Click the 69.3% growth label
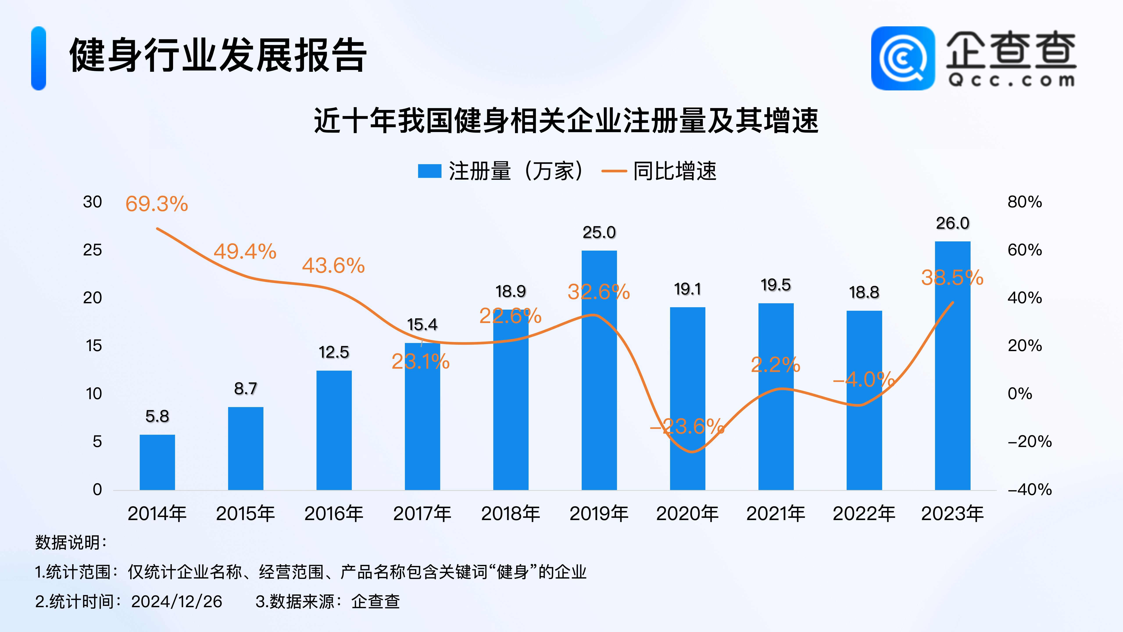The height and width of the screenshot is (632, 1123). (157, 204)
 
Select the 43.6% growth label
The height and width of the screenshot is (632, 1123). (333, 266)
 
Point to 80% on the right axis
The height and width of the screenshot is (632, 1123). (1025, 202)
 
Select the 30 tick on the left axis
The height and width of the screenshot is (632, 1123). (92, 202)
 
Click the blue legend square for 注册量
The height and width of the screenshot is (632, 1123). (429, 171)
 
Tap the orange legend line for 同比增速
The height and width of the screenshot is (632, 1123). (614, 171)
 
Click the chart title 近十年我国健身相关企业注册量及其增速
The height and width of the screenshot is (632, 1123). (566, 120)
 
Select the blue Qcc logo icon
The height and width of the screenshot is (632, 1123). (903, 58)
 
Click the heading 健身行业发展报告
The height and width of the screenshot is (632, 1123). (218, 55)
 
